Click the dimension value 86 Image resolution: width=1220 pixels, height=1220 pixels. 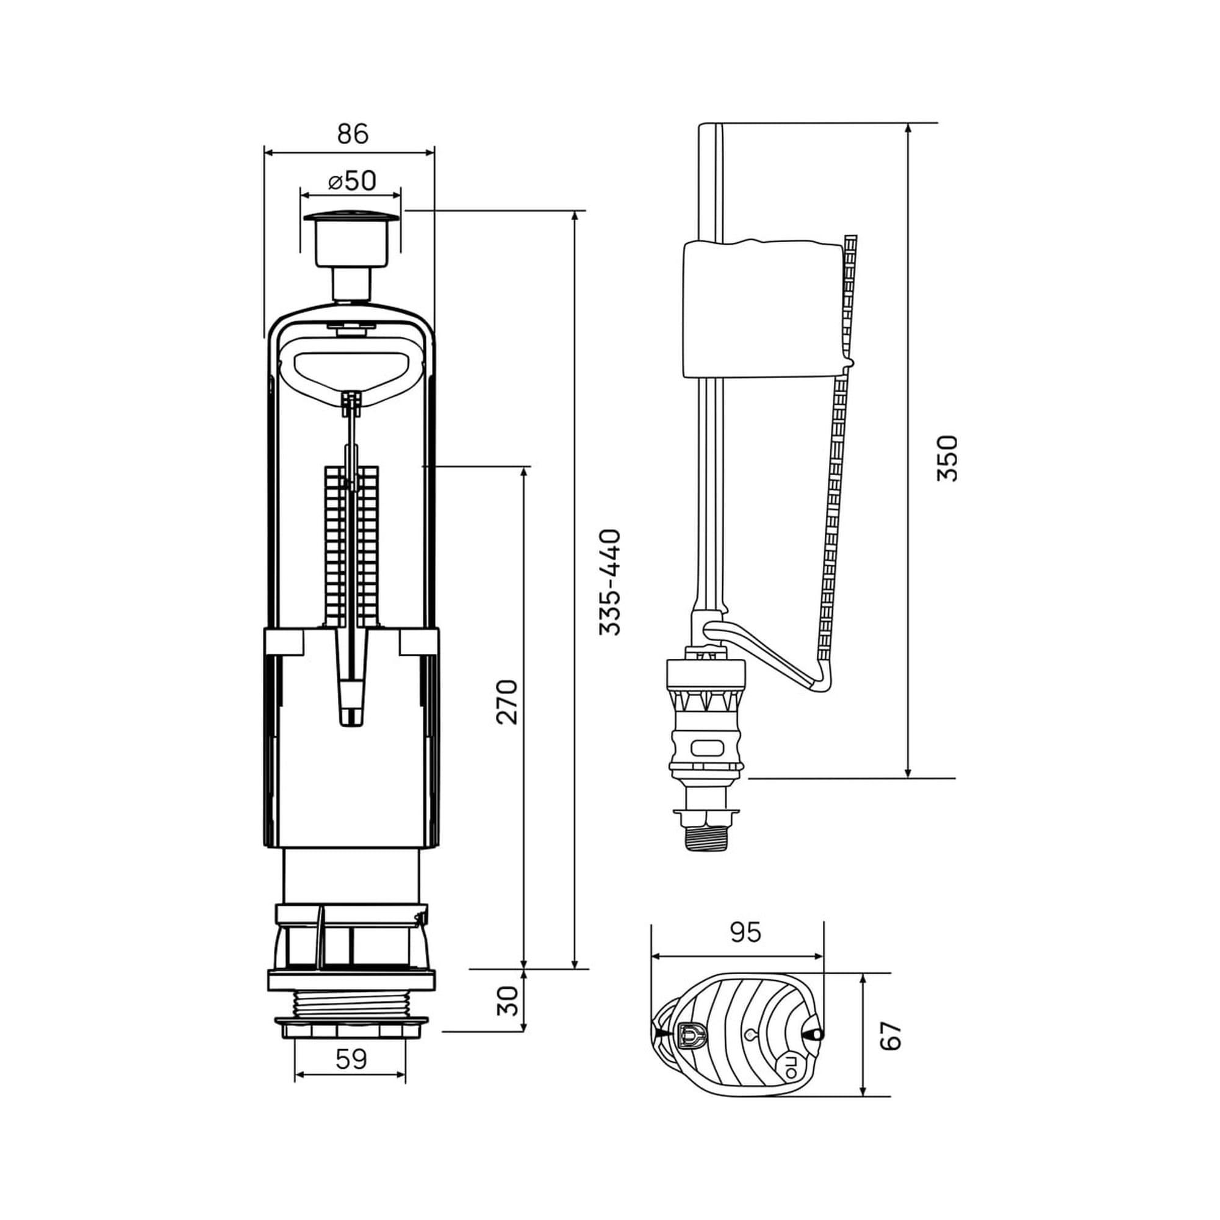[x=353, y=134]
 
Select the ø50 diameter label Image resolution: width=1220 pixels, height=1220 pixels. [x=353, y=181]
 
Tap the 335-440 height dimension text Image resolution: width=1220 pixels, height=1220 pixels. [x=610, y=581]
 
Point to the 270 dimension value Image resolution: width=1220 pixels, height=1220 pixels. [x=506, y=701]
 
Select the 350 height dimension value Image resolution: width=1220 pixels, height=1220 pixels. [x=947, y=458]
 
